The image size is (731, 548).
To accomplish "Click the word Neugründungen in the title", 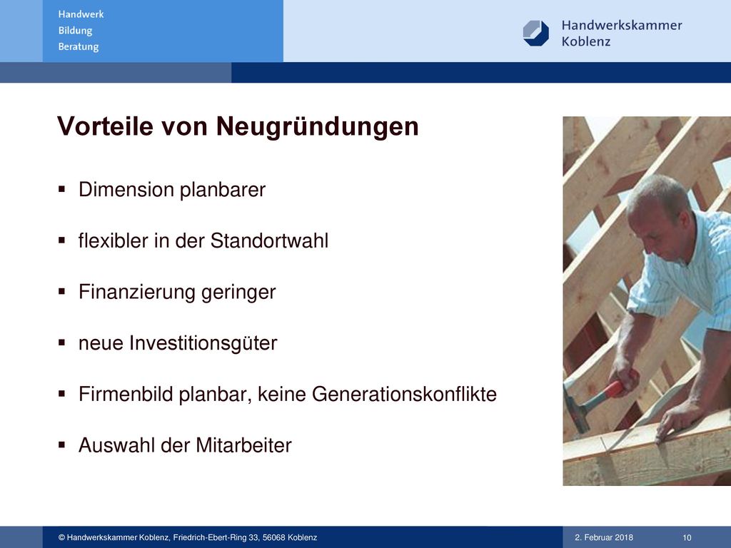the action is coord(317,128).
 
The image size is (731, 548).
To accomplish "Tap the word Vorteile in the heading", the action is coord(105,126).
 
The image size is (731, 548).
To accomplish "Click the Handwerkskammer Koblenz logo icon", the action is coord(535,33).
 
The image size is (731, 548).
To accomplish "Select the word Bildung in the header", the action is coord(75,31).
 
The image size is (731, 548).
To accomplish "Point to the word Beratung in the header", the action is coord(79,46).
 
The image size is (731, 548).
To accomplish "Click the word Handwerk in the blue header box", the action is coord(81,14).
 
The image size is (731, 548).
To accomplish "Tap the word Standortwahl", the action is coord(269,241).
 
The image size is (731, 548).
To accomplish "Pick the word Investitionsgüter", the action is coord(203,343).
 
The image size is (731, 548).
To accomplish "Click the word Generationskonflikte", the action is coord(404,394).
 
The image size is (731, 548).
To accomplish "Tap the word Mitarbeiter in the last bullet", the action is coord(244,445).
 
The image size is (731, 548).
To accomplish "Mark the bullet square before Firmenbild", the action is coord(62,394).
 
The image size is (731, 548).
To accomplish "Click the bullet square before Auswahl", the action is coord(62,445).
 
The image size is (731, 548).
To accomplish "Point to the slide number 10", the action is coord(687,538).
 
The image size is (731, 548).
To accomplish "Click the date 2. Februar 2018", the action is coord(604,537).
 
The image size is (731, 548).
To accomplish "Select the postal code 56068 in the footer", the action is coord(273,537).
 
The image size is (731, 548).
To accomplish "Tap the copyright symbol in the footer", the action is coord(61,538).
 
